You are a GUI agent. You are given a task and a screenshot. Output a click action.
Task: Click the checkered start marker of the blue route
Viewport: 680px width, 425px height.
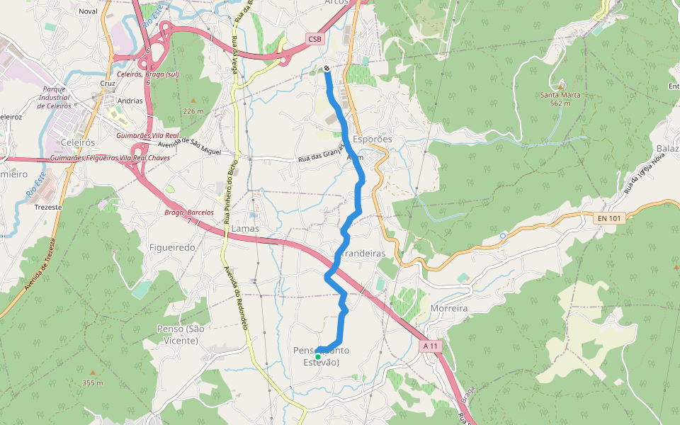[x=327, y=69]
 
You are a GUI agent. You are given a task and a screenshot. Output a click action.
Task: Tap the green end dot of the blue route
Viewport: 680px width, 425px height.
[x=318, y=356]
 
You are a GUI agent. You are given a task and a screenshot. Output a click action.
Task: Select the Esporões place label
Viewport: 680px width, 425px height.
[x=373, y=140]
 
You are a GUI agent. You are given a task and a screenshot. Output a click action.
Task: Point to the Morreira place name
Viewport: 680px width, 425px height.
[x=449, y=309]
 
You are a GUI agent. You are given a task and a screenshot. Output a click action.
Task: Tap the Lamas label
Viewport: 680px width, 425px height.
[x=245, y=229]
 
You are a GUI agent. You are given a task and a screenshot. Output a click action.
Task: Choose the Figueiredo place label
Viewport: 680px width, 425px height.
[x=172, y=247]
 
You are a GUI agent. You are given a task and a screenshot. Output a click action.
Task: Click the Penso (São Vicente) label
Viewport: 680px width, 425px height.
[x=176, y=334]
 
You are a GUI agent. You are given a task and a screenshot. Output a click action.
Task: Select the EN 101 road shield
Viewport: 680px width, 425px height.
[x=609, y=218]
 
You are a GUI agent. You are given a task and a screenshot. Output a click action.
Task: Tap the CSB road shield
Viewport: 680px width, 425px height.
[x=315, y=38]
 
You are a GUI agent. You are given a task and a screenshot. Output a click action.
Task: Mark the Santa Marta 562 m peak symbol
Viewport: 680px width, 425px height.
[x=561, y=84]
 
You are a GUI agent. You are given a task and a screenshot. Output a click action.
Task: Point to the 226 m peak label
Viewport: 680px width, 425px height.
[x=193, y=111]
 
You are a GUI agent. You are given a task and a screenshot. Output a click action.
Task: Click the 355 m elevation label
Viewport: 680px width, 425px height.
[x=93, y=383]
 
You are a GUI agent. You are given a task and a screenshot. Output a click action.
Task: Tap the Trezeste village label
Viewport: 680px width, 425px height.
[x=48, y=208]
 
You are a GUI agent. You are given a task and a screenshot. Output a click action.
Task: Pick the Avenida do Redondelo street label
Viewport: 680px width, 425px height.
[x=236, y=297]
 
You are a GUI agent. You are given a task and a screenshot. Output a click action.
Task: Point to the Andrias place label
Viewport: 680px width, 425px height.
[x=130, y=101]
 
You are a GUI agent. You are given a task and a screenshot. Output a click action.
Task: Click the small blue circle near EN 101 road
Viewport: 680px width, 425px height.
[x=502, y=235]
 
